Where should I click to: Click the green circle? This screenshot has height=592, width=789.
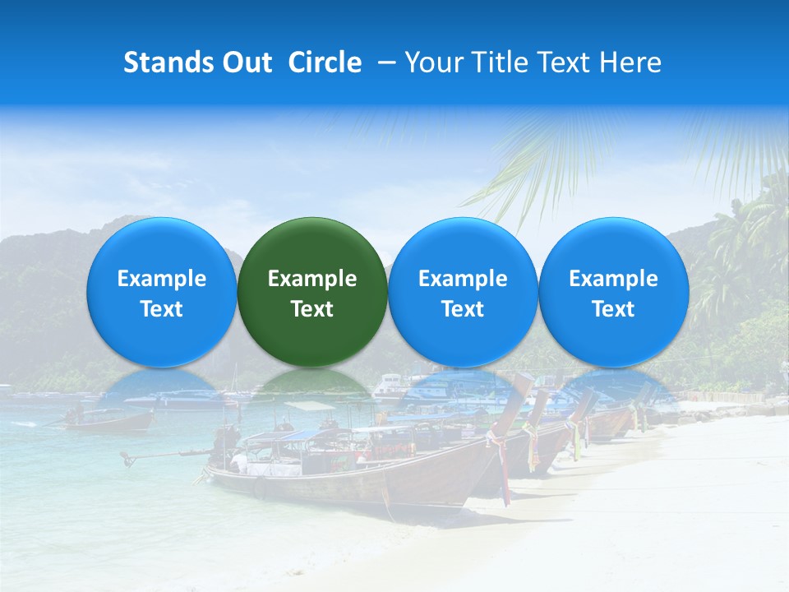click(x=312, y=292)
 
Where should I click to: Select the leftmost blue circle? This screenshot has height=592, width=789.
click(x=161, y=292)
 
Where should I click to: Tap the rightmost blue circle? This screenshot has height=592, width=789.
click(x=614, y=292)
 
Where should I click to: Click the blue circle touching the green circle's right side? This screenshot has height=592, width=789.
click(x=463, y=292)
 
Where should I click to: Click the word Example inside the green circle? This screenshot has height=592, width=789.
click(x=312, y=279)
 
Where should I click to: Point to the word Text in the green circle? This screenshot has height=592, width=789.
click(x=312, y=309)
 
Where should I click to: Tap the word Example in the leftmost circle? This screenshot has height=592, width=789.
click(x=161, y=279)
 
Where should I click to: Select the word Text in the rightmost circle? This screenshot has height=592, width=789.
click(x=614, y=309)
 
